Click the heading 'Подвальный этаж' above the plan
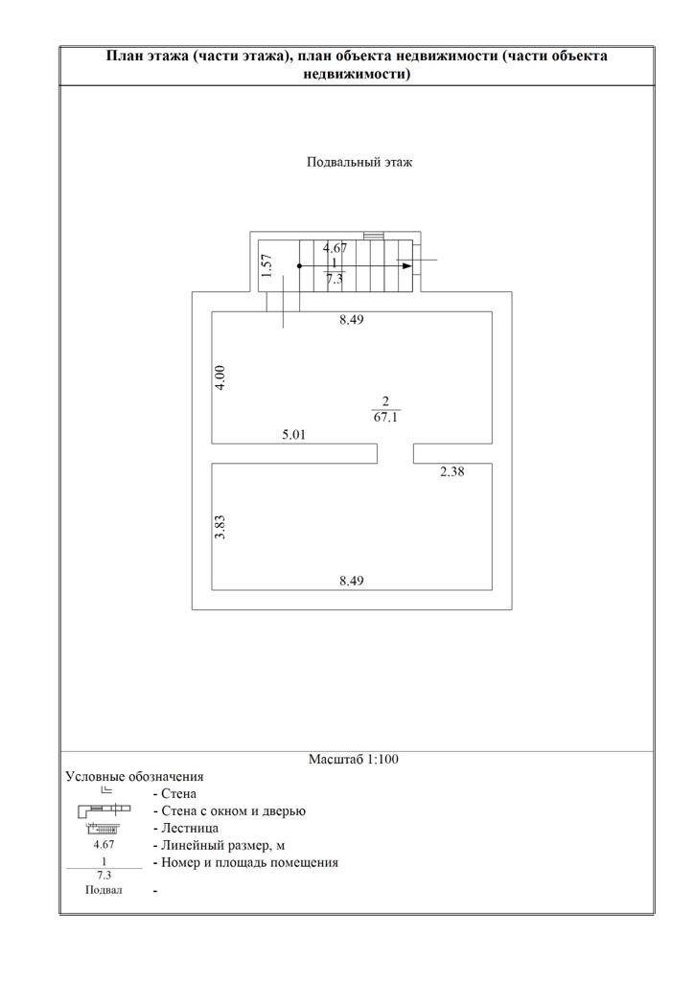(x=359, y=163)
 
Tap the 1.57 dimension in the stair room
(x=267, y=265)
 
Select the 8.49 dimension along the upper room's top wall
(x=352, y=321)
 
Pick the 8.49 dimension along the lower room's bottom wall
(x=352, y=580)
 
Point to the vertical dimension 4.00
(x=220, y=377)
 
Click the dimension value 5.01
(x=293, y=434)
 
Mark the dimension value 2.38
(x=452, y=471)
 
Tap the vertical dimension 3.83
(x=220, y=528)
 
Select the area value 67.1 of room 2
(x=386, y=418)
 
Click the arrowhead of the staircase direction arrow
(x=407, y=266)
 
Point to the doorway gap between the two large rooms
(x=395, y=453)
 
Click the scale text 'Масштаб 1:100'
(x=353, y=760)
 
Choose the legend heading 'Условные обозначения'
(x=134, y=777)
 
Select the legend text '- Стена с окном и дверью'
(x=228, y=811)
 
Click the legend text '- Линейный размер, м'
(x=219, y=845)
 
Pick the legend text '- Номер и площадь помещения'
(x=244, y=862)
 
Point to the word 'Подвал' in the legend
(x=104, y=891)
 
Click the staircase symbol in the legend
(x=103, y=828)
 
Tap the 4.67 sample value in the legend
(x=104, y=845)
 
